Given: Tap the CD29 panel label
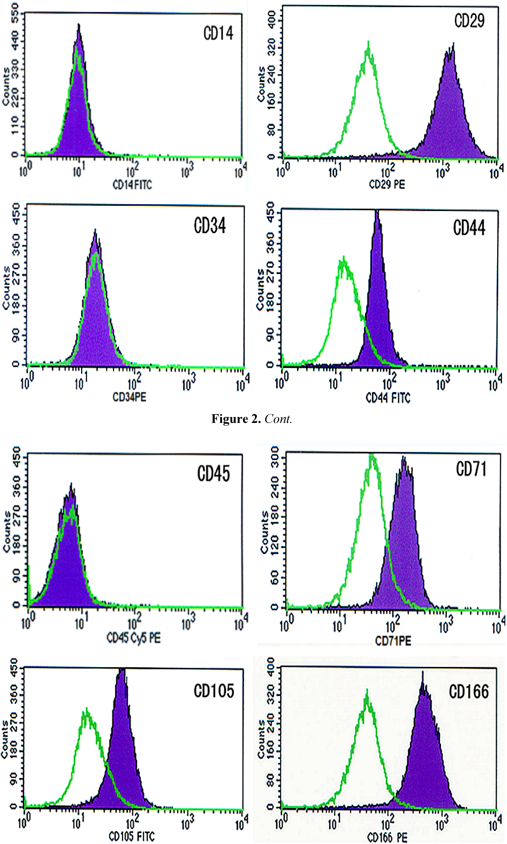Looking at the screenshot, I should point(469,21).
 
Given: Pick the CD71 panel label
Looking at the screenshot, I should point(471,469).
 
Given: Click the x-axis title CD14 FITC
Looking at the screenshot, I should point(132,185).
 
